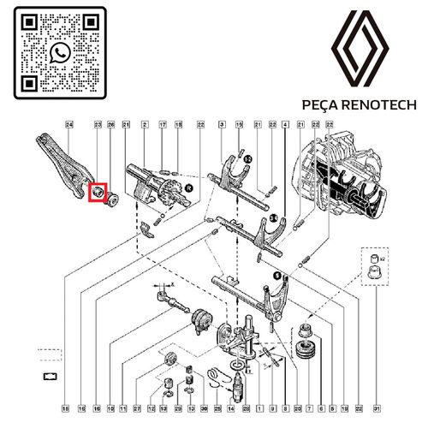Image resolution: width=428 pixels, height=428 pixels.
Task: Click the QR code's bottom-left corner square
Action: coord(29,83)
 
